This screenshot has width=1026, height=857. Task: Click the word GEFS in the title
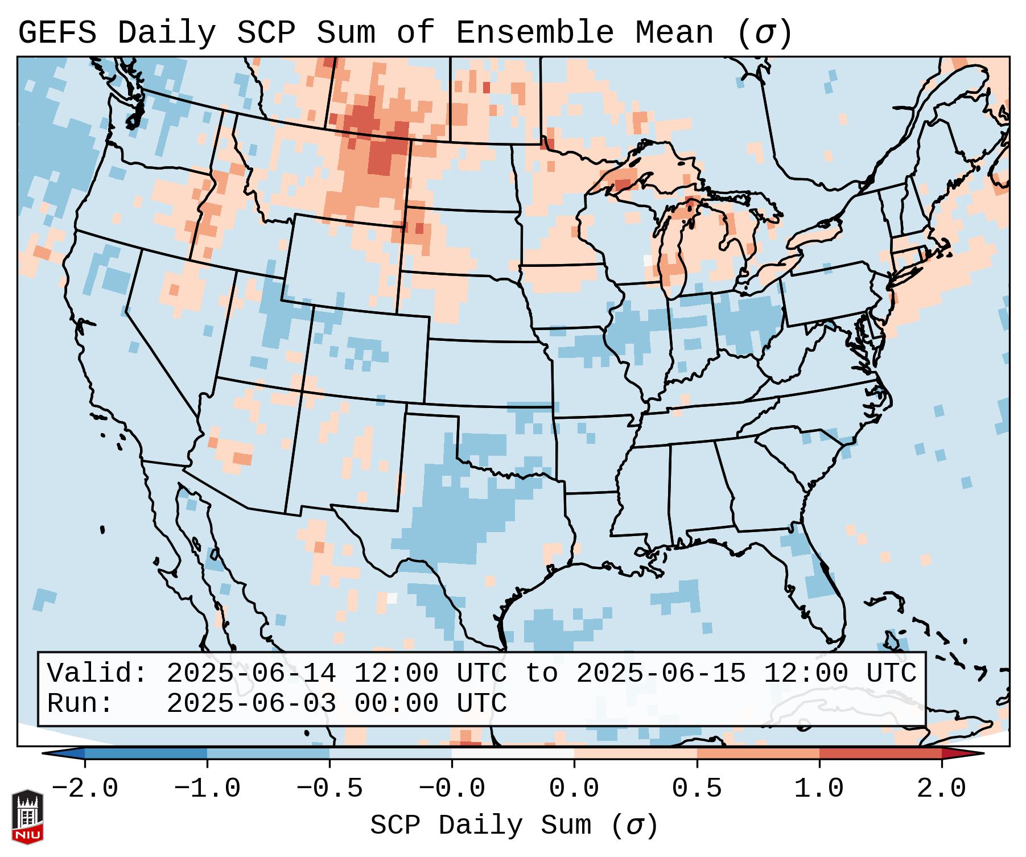[x=57, y=32]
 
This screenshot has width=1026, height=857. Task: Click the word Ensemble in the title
[x=534, y=32]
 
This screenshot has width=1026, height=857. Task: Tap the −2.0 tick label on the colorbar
[x=85, y=789]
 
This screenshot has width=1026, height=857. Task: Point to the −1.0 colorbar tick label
[x=207, y=789]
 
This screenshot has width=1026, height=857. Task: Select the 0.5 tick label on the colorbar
[x=697, y=789]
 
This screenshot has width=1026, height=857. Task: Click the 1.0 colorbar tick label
[x=819, y=789]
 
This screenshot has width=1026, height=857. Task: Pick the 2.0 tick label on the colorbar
[x=941, y=789]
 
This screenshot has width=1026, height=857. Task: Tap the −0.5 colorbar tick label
[x=329, y=789]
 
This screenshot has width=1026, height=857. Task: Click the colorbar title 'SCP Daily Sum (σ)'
[x=514, y=825]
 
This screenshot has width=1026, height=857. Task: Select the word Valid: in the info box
[x=97, y=673]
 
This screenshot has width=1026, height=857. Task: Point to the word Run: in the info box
[x=80, y=703]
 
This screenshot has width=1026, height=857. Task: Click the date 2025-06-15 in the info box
[x=661, y=673]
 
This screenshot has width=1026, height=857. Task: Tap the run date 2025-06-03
[x=251, y=703]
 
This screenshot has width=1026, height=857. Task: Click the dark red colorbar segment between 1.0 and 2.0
[x=880, y=753]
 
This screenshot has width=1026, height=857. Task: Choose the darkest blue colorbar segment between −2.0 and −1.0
[x=146, y=753]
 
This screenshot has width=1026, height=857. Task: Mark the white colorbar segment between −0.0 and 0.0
[x=513, y=753]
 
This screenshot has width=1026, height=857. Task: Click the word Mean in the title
[x=674, y=32]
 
